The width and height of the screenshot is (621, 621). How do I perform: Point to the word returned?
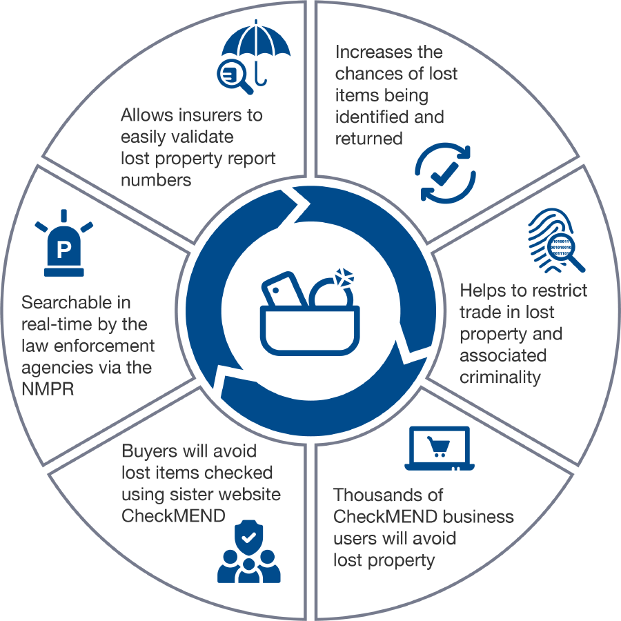pyautogui.click(x=369, y=138)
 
